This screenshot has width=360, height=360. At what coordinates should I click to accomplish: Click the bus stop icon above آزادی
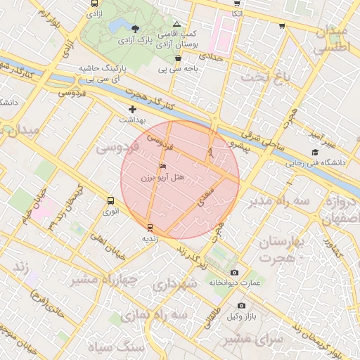tap(95, 4)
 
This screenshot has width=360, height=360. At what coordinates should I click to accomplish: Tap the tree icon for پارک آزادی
tap(135, 29)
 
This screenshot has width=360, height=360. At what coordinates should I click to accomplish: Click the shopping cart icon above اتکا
tap(237, 4)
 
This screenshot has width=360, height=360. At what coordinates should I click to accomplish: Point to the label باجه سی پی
tap(178, 70)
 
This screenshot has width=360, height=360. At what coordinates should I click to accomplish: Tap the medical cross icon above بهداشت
tap(132, 109)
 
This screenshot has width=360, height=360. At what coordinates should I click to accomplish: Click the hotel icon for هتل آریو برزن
tap(163, 167)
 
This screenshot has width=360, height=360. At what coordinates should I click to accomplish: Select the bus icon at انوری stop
tap(110, 200)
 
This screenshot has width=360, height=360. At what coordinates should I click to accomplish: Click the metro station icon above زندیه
tap(149, 227)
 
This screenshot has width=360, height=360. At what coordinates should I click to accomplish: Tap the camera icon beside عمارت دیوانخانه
tap(234, 272)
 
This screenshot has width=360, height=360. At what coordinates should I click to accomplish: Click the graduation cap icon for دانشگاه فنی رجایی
tap(314, 153)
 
